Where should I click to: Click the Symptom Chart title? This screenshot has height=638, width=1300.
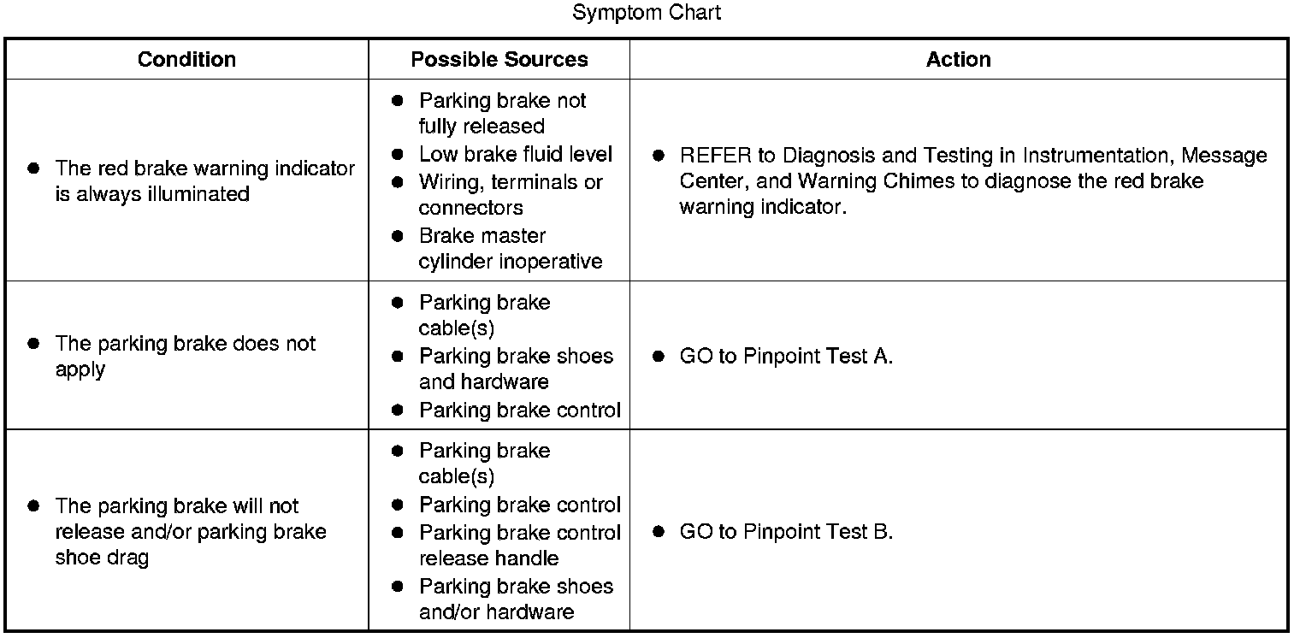(647, 13)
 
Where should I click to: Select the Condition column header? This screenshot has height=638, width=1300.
(186, 59)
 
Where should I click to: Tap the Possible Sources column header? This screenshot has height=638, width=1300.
(499, 59)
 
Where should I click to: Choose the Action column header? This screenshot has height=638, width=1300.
(958, 59)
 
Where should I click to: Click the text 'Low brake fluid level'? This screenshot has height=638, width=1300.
(515, 155)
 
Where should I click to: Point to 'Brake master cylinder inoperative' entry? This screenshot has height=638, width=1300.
(510, 249)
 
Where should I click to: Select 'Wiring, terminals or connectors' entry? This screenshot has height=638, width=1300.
(510, 195)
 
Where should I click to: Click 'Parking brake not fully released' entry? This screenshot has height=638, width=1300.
(502, 114)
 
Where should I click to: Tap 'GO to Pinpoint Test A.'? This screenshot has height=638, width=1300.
(785, 357)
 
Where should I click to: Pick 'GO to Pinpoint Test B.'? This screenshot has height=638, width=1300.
(785, 532)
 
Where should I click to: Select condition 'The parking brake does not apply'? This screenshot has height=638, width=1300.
(185, 357)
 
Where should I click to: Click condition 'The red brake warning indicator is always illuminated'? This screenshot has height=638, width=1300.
(204, 181)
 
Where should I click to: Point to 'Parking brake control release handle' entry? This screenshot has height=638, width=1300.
(519, 546)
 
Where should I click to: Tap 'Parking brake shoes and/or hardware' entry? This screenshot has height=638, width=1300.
(516, 600)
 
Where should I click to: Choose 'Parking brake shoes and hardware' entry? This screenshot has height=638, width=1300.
(516, 369)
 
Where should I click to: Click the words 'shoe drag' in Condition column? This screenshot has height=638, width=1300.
(102, 558)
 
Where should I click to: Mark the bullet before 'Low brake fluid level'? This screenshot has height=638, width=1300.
(397, 155)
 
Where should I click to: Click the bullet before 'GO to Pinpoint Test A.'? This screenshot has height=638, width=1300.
(658, 357)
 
